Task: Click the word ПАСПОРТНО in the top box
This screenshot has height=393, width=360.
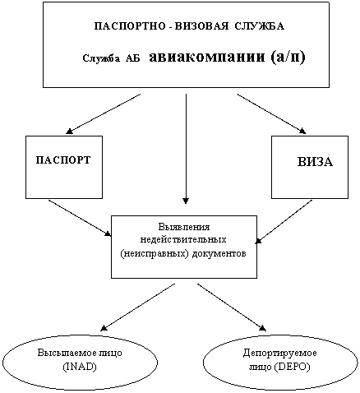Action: (x=130, y=26)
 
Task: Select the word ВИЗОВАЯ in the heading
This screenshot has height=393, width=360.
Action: (x=201, y=26)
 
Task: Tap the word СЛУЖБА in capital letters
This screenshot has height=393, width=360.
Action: (x=260, y=26)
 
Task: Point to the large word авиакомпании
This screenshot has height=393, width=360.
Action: (x=207, y=57)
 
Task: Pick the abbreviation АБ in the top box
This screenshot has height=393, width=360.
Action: (x=132, y=58)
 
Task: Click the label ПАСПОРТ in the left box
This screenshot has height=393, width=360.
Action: (x=63, y=160)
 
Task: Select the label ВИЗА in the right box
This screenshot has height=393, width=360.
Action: (x=315, y=162)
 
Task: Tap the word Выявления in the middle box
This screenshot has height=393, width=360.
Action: (x=184, y=227)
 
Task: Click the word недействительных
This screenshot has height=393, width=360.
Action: (x=183, y=239)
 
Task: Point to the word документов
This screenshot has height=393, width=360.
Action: (x=219, y=253)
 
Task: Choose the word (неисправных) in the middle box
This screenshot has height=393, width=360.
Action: (x=155, y=254)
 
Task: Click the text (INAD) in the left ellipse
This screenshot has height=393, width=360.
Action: (x=80, y=367)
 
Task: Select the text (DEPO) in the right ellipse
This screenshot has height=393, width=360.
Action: (x=292, y=367)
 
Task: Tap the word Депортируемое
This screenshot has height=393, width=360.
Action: (x=279, y=353)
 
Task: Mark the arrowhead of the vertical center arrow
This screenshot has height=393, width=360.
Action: (x=186, y=201)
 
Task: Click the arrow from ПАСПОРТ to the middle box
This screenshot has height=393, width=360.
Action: (x=80, y=218)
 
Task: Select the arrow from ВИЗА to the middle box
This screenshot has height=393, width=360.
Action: (x=284, y=221)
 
